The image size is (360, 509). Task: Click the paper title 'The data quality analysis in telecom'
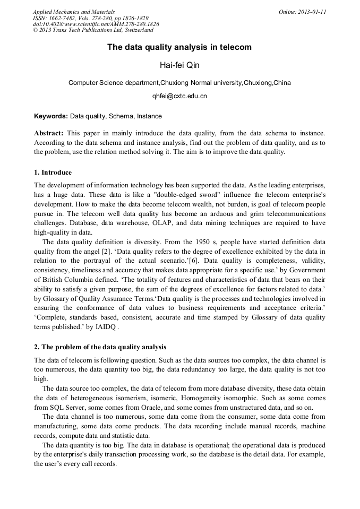pyautogui.click(x=179, y=47)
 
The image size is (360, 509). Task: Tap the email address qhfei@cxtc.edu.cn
pyautogui.click(x=179, y=96)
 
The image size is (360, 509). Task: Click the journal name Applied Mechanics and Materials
pyautogui.click(x=74, y=12)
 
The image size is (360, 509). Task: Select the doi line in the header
pyautogui.click(x=96, y=24)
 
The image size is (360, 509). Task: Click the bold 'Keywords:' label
pyautogui.click(x=51, y=116)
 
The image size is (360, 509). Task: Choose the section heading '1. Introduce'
pyautogui.click(x=53, y=172)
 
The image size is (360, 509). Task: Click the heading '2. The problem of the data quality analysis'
pyautogui.click(x=100, y=347)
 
